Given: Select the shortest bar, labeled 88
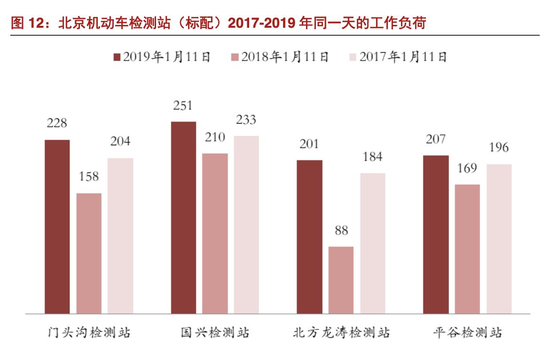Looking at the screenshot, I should coord(341,280).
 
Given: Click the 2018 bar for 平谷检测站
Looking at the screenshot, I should coord(467,249).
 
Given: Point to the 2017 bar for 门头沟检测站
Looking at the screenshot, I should coord(120,235).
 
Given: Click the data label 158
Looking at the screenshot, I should coord(89,177).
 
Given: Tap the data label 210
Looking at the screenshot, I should coord(215,137).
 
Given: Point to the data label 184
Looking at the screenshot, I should coord(372,157).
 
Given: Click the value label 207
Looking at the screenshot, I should coord(435,139).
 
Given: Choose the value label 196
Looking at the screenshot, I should coord(498,148).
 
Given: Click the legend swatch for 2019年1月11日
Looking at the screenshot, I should coord(117,57).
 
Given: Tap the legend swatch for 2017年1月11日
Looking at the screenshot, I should coord(353,57).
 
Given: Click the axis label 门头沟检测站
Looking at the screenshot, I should coord(89,333).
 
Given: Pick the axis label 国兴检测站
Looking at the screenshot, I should coord(215,333).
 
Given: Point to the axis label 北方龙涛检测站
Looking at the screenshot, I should coord(341,333).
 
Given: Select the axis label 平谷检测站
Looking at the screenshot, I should coord(467,333).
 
